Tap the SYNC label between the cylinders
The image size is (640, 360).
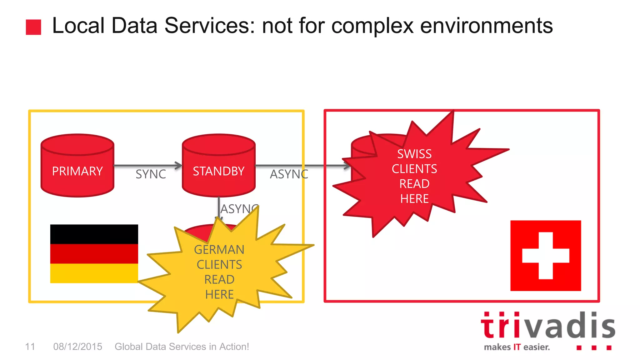pos(151,174)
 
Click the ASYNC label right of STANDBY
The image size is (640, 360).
pos(288,174)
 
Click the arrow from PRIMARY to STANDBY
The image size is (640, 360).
pos(147,165)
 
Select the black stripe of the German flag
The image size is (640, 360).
pos(94,234)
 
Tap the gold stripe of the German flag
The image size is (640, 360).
pos(94,273)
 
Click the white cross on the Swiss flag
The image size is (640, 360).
pos(546,256)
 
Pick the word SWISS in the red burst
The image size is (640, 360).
pos(414,154)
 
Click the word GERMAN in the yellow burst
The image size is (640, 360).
pos(219,250)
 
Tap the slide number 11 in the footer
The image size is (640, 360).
pos(30,347)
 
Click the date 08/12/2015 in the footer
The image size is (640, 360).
pos(77,347)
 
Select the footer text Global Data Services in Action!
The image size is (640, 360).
pos(182,347)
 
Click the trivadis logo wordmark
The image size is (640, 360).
pos(547,326)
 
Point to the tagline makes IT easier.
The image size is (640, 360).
pos(517,347)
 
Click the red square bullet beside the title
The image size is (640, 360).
pos(33,27)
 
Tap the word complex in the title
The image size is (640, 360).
pos(372,26)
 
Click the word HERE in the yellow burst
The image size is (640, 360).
pos(219,294)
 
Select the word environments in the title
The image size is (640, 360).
pos(486,26)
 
